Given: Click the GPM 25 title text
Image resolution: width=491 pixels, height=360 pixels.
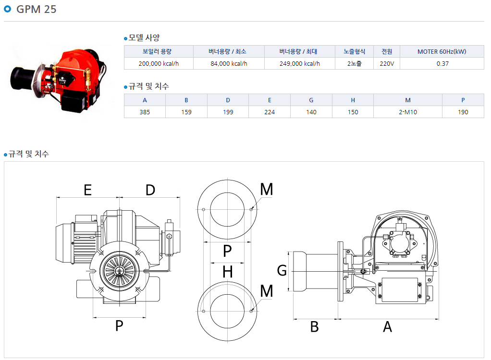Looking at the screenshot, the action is tap(37, 9).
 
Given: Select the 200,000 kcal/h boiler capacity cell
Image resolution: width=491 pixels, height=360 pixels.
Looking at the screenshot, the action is tap(159, 63).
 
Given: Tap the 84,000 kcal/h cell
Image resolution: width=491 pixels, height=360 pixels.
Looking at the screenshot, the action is tap(229, 63).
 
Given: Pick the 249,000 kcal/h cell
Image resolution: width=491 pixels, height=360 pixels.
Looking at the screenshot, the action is tap(300, 63).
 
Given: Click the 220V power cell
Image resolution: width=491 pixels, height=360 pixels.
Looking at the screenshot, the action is tap(387, 63).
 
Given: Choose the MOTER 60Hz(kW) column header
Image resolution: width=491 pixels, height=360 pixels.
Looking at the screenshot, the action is tap(442, 52).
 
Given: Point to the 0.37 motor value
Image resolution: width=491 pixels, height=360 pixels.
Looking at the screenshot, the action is tap(442, 63).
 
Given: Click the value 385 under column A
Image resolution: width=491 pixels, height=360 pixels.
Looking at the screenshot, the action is tap(145, 112).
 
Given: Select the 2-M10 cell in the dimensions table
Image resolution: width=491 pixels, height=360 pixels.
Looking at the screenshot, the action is tap(408, 112).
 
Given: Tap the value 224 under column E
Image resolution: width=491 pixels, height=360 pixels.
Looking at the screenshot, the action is tap(270, 112).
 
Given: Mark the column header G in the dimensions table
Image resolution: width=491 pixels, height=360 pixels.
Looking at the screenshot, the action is tap(311, 100).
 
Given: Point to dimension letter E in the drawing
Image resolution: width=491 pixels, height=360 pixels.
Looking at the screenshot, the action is tap(87, 190).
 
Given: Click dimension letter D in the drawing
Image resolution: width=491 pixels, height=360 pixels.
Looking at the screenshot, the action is tap(150, 190).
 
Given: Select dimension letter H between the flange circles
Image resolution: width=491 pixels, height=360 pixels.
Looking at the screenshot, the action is tap(228, 272).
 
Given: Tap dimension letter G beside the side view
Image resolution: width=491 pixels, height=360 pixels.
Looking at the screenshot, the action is tap(282, 270).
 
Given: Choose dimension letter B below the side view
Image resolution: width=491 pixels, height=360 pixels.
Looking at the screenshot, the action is tap(314, 327).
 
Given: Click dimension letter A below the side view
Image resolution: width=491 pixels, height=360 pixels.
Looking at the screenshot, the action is tap(387, 327).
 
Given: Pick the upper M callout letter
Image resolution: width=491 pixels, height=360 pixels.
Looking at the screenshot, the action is tap(267, 189).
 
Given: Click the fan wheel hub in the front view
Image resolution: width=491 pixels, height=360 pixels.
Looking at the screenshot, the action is tap(119, 271).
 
